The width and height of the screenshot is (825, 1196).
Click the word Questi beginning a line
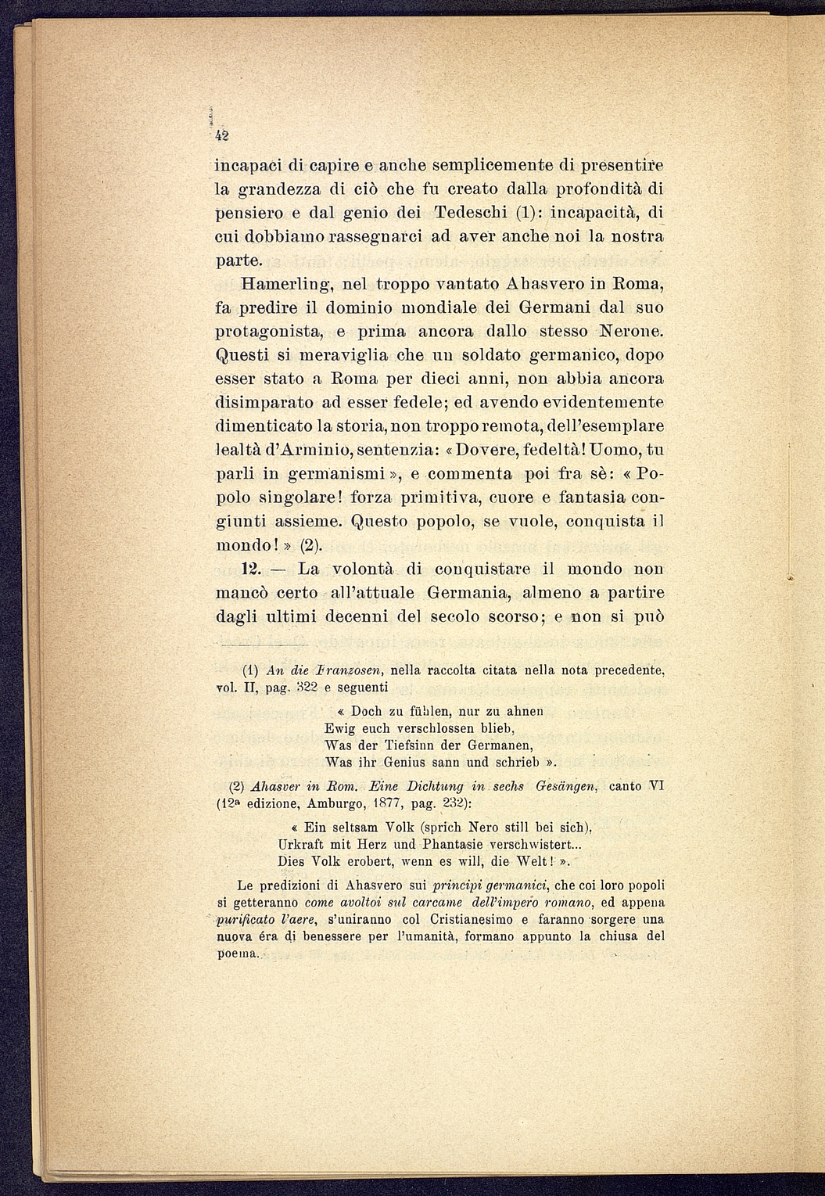[x=242, y=354]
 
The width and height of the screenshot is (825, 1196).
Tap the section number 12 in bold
[x=251, y=569]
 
